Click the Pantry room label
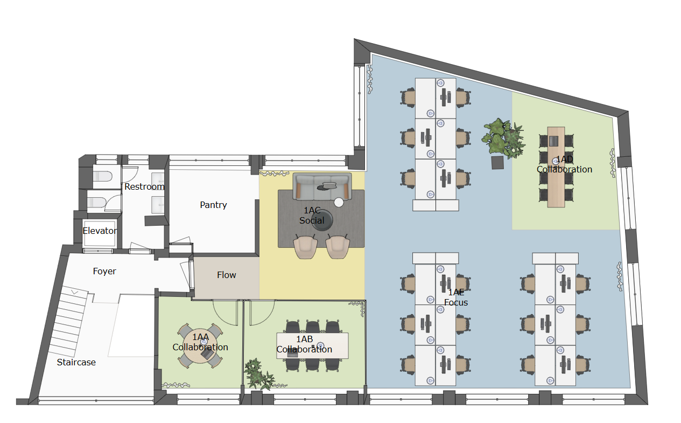coord(213,205)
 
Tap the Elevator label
coord(100,231)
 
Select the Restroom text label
coord(144,186)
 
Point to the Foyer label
coord(104,271)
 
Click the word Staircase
coord(76,362)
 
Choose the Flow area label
coord(227,275)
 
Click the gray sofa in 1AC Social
coord(322,186)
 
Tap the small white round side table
coord(339,202)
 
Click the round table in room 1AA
coord(200,346)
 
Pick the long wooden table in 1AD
coord(556,167)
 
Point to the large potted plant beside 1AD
coord(503,138)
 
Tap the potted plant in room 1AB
coord(258,375)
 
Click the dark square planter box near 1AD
coord(497,163)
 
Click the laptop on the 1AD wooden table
coord(553,141)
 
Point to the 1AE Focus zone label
coord(456,297)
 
